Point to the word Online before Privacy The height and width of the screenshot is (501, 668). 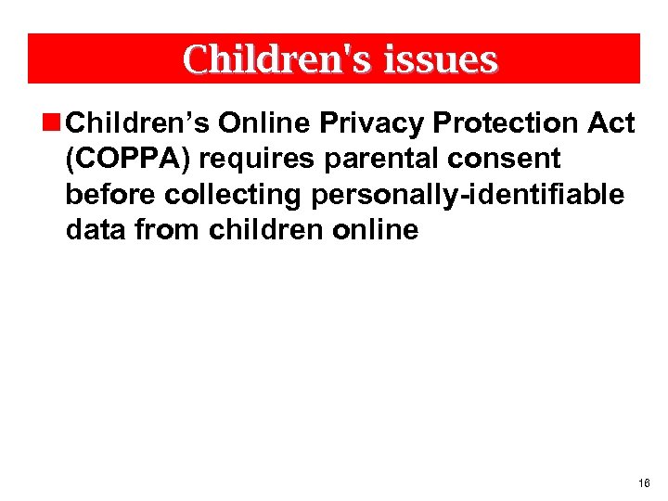pos(260,123)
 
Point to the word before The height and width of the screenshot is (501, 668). pos(110,195)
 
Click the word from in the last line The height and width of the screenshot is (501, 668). pos(167,230)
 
